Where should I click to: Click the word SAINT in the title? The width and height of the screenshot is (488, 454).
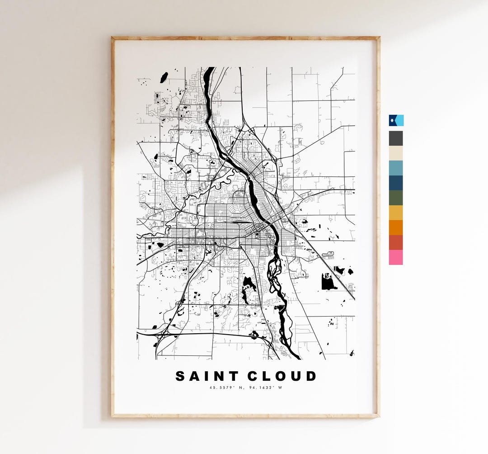pos(205,376)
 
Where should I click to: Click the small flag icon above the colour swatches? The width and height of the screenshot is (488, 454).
pos(396,120)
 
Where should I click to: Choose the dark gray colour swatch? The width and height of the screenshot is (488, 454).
pos(396,138)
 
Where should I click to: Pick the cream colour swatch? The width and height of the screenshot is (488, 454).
pos(396,153)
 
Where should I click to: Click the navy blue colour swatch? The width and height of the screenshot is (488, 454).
pos(396,183)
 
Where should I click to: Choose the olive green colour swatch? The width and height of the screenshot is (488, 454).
pos(396,198)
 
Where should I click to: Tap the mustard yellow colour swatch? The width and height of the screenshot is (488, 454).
pos(396,213)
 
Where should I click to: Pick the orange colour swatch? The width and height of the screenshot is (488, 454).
pos(396,227)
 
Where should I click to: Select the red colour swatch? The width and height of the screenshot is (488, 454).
pos(396,242)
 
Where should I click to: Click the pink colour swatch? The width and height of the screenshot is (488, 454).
pos(396,257)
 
